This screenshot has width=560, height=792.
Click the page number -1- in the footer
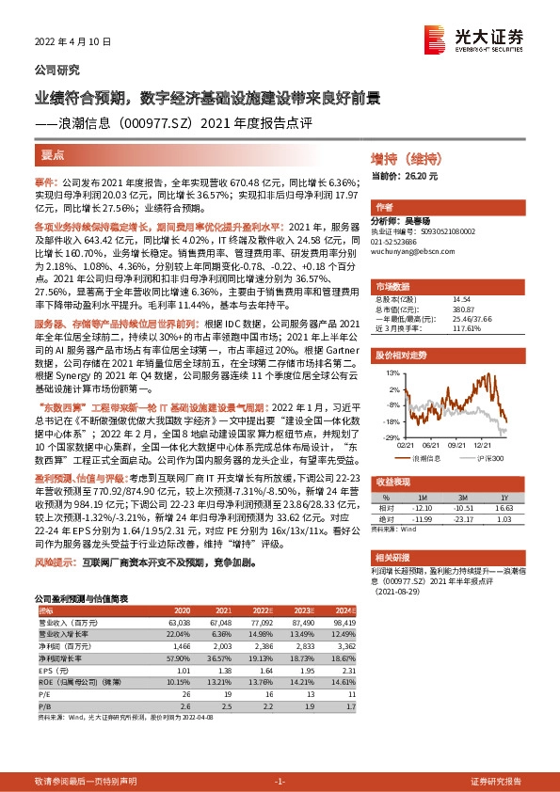279,783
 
